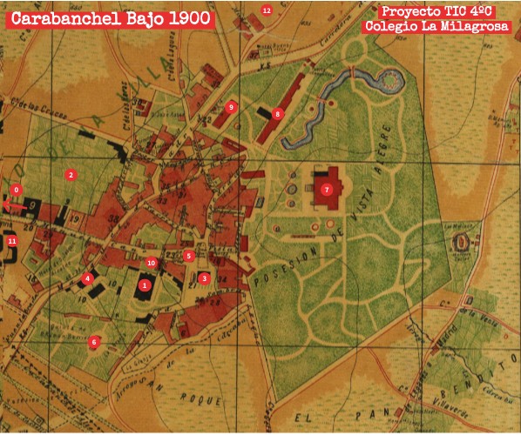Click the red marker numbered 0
(15, 190)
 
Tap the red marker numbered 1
(145, 284)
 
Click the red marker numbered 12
(267, 10)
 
